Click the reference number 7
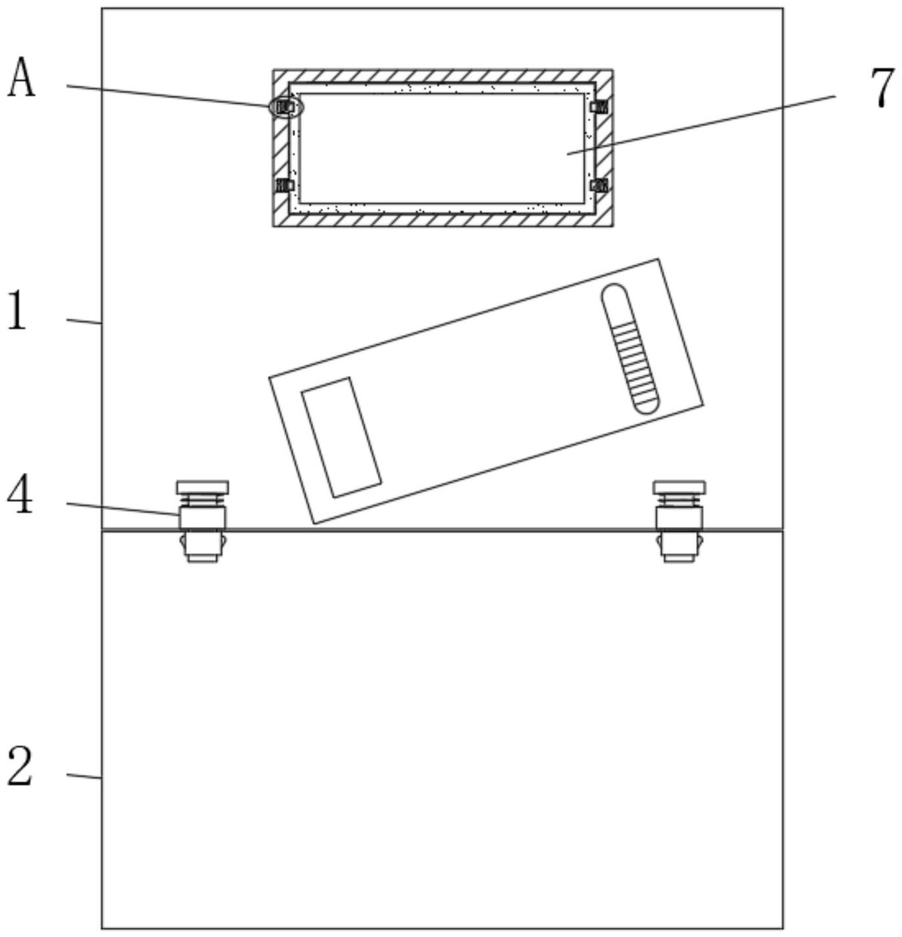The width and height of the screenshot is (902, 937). [882, 87]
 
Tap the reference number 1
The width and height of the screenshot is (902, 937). [18, 311]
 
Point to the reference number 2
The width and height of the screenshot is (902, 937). [20, 767]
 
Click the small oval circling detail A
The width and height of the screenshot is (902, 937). [286, 107]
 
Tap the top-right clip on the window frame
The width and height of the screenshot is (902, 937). [599, 106]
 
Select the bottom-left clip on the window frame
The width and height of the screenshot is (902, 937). [285, 185]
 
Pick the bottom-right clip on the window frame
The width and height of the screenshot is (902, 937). [599, 185]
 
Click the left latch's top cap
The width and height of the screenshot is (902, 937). [202, 487]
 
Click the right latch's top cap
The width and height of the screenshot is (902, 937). [679, 487]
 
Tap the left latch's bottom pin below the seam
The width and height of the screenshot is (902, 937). [201, 547]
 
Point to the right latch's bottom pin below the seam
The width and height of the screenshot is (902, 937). [679, 547]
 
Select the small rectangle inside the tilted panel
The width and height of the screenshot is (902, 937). [341, 437]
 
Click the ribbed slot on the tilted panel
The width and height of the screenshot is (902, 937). [630, 348]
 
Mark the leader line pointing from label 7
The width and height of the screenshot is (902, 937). [702, 125]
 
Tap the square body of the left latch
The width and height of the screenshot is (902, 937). [202, 517]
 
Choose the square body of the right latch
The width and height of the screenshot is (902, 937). [679, 517]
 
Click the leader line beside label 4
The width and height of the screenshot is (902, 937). [121, 509]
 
